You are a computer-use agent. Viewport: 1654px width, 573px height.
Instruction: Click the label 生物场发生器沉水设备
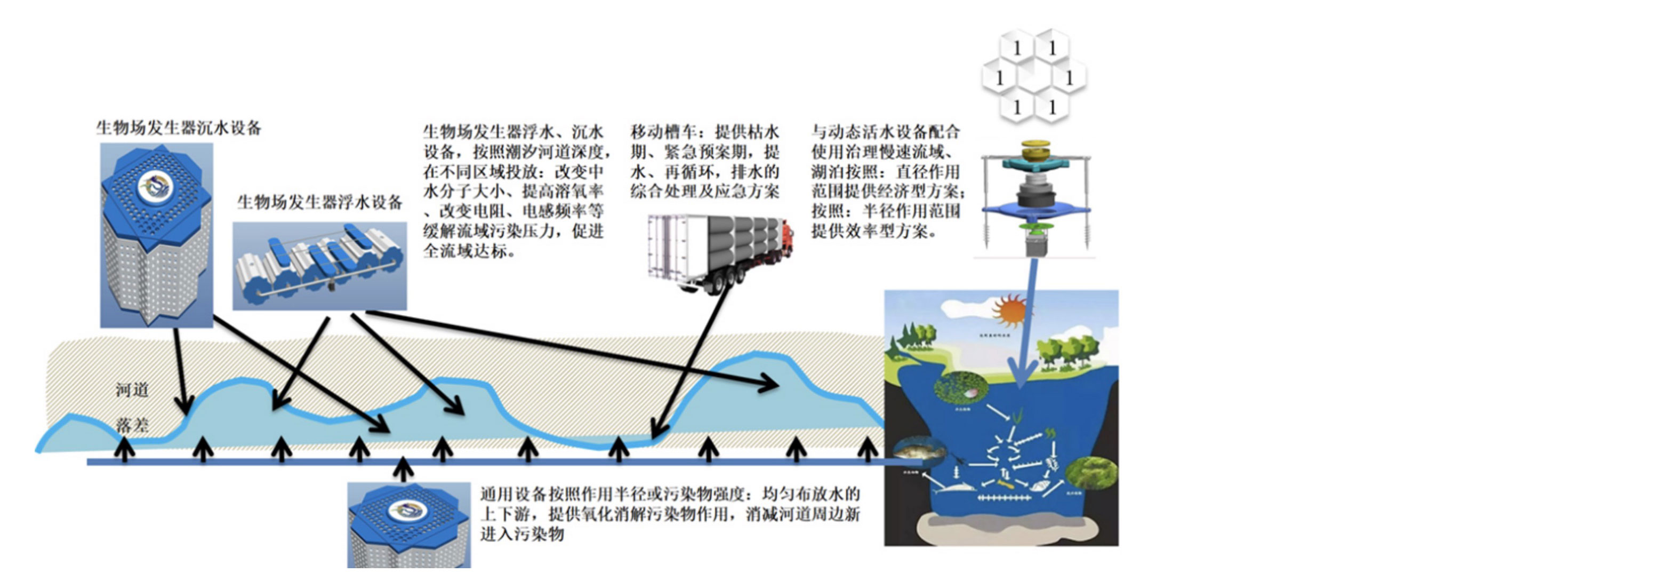point(179,128)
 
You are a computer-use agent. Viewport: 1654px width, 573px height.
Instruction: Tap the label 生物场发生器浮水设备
point(319,202)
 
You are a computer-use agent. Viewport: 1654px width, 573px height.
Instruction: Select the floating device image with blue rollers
point(319,266)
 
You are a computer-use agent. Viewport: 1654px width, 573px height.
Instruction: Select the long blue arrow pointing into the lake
point(1028,321)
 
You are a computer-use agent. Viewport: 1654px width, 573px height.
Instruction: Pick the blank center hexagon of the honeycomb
point(1034,77)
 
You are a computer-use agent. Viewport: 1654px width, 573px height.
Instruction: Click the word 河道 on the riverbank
point(132,390)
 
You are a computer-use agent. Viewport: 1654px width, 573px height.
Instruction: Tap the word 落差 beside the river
point(132,425)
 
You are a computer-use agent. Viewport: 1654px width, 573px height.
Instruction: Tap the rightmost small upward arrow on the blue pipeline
point(868,448)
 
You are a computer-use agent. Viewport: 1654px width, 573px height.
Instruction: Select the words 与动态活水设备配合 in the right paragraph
point(886,132)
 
